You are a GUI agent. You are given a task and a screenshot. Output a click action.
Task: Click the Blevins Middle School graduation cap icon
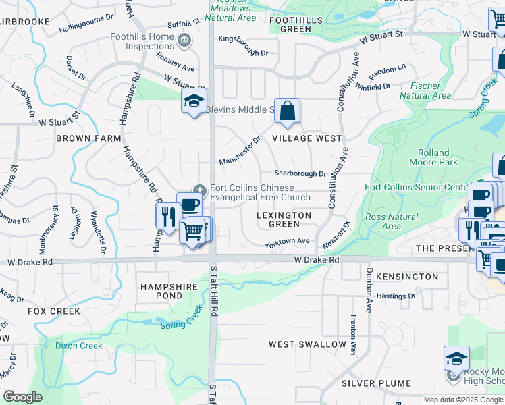(194, 102)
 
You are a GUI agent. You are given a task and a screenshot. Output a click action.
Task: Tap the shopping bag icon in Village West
(287, 111)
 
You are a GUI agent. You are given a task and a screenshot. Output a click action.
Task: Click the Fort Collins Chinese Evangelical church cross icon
(199, 188)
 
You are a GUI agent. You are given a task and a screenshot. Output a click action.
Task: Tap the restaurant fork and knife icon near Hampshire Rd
(167, 217)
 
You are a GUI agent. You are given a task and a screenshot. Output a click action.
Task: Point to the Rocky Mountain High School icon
(456, 358)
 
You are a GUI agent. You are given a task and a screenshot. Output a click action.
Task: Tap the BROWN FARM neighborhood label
(88, 138)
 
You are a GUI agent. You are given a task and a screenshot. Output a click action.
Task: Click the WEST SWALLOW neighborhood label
(307, 344)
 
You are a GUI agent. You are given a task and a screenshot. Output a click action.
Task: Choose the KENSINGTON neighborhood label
(407, 277)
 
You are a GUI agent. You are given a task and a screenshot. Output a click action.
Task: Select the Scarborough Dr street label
(300, 174)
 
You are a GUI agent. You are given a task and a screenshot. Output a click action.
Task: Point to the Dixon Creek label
(79, 346)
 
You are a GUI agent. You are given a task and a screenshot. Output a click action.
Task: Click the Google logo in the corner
(22, 397)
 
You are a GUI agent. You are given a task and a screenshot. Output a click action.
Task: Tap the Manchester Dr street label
(240, 152)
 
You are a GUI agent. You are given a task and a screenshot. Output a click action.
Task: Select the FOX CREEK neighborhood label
(54, 311)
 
